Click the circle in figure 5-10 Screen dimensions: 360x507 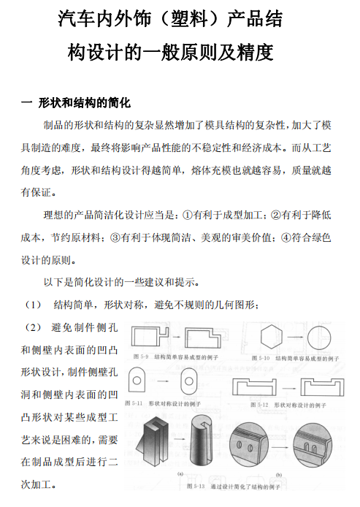point(318,338)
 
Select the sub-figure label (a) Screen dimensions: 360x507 point(181,473)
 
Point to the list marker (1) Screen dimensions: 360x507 point(34,303)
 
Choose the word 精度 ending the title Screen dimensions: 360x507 point(256,53)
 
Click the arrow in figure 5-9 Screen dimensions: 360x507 point(175,337)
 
